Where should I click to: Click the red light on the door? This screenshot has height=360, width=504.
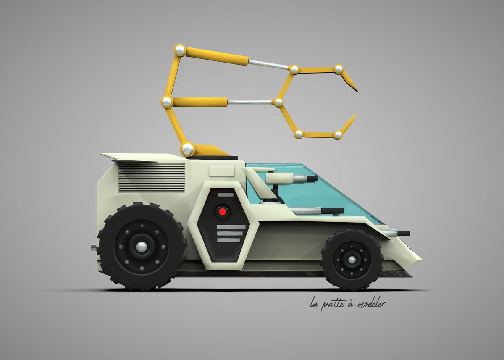click(x=222, y=211)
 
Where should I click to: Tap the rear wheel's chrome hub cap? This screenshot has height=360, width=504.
click(x=142, y=247)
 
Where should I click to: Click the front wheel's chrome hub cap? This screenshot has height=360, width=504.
click(x=352, y=260)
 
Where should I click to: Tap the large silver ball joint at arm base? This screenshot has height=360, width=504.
click(x=187, y=149)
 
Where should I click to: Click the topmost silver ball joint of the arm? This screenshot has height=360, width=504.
click(x=180, y=50)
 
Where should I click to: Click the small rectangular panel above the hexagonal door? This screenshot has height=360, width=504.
click(x=221, y=171)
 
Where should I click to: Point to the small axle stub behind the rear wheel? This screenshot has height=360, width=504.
click(x=94, y=247)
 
